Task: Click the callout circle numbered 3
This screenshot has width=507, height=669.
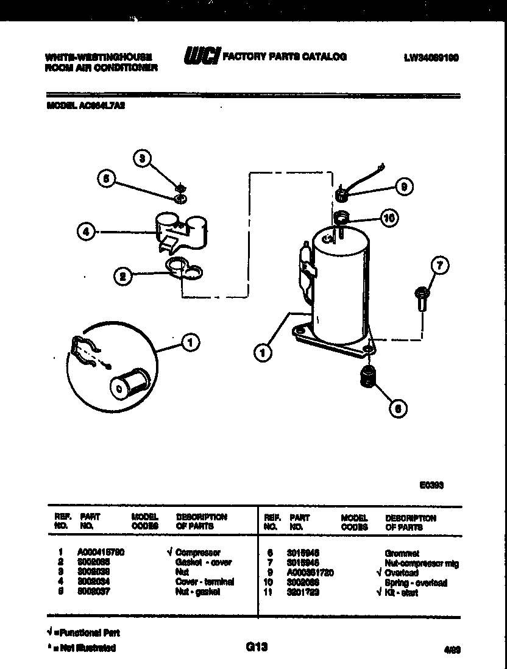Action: [x=142, y=158]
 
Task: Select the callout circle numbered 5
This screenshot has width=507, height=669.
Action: [x=107, y=179]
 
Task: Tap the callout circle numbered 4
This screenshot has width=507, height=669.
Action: [x=87, y=232]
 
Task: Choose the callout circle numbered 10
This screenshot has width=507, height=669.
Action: [x=388, y=218]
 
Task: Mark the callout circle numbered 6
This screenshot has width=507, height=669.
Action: [x=397, y=409]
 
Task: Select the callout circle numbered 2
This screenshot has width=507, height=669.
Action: [x=124, y=276]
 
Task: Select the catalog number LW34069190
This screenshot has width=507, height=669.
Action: [x=431, y=58]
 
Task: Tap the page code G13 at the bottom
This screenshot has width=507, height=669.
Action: [x=257, y=646]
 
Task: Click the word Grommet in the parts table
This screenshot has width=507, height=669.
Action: [x=402, y=553]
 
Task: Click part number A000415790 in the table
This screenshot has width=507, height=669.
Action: [x=101, y=553]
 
